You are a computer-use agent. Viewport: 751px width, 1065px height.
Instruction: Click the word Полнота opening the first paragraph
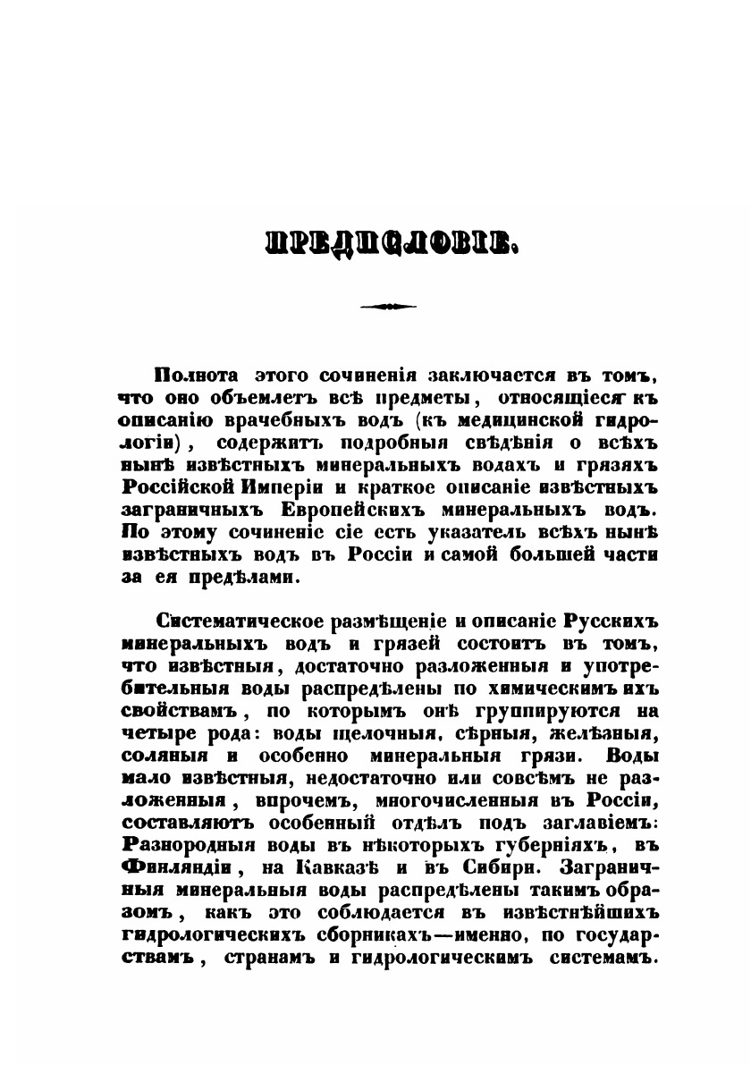coord(193,374)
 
